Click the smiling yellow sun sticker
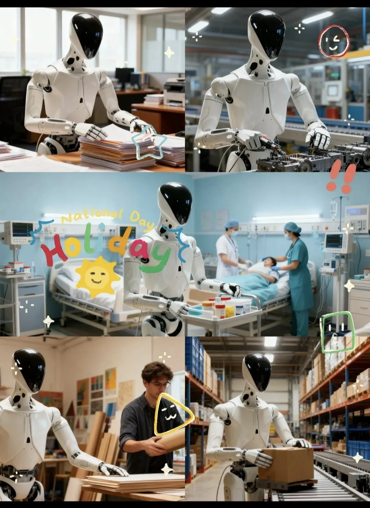[98, 277]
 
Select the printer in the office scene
[174, 92]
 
